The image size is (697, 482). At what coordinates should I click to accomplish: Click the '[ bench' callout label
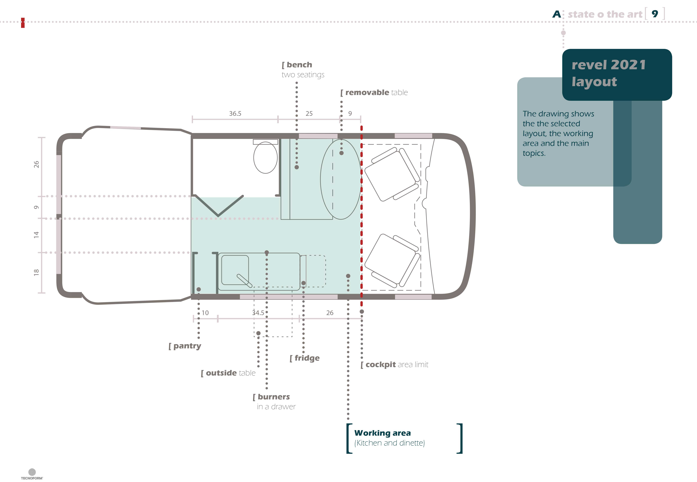pos(297,65)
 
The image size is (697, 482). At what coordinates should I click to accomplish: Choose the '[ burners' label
pos(271,397)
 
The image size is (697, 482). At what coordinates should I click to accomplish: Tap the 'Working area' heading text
pos(382,433)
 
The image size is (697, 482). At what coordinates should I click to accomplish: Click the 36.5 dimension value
pos(235,114)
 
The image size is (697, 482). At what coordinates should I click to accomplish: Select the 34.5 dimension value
pos(258,313)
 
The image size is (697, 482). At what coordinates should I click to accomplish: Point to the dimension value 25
pos(309,114)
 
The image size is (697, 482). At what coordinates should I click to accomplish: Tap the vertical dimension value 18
pos(36,272)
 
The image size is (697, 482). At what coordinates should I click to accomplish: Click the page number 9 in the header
pos(655,14)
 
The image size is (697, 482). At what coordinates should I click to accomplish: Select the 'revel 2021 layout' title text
pos(608,73)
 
